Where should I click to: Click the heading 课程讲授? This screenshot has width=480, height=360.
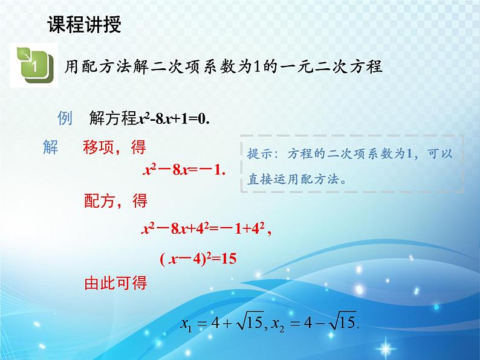(x=84, y=25)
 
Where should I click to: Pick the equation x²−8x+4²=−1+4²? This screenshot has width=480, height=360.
(x=204, y=229)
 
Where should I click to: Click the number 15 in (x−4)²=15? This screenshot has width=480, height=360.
(x=228, y=259)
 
